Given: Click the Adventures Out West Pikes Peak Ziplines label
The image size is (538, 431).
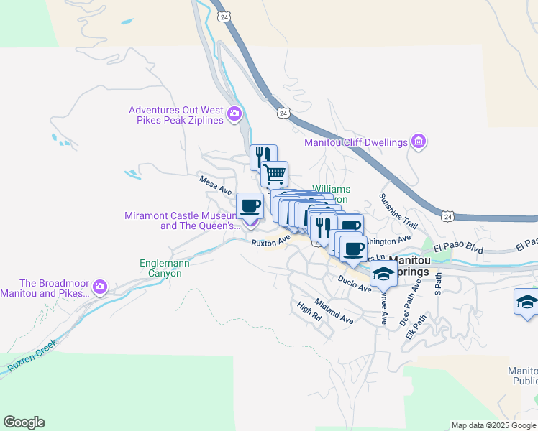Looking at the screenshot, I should (x=176, y=115).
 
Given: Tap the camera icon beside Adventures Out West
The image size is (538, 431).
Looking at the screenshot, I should (x=234, y=114).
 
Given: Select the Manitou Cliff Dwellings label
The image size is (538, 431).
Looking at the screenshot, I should (x=355, y=143).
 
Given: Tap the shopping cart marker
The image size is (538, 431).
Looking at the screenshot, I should (x=275, y=173).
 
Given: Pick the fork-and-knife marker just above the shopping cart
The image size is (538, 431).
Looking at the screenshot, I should (x=263, y=157).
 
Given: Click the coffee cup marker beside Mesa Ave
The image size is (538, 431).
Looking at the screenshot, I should (x=250, y=205).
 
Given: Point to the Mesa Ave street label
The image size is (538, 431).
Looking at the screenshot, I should (x=216, y=185).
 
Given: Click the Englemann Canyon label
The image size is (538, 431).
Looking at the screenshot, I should (x=165, y=269).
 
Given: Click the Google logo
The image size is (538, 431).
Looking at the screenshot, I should (x=24, y=422).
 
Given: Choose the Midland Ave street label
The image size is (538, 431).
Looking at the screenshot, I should (x=333, y=311).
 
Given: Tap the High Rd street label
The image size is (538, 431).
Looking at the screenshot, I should (x=308, y=310).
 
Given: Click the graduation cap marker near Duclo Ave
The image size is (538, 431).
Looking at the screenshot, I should (x=383, y=273).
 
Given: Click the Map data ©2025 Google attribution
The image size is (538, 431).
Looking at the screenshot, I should (x=493, y=425).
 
